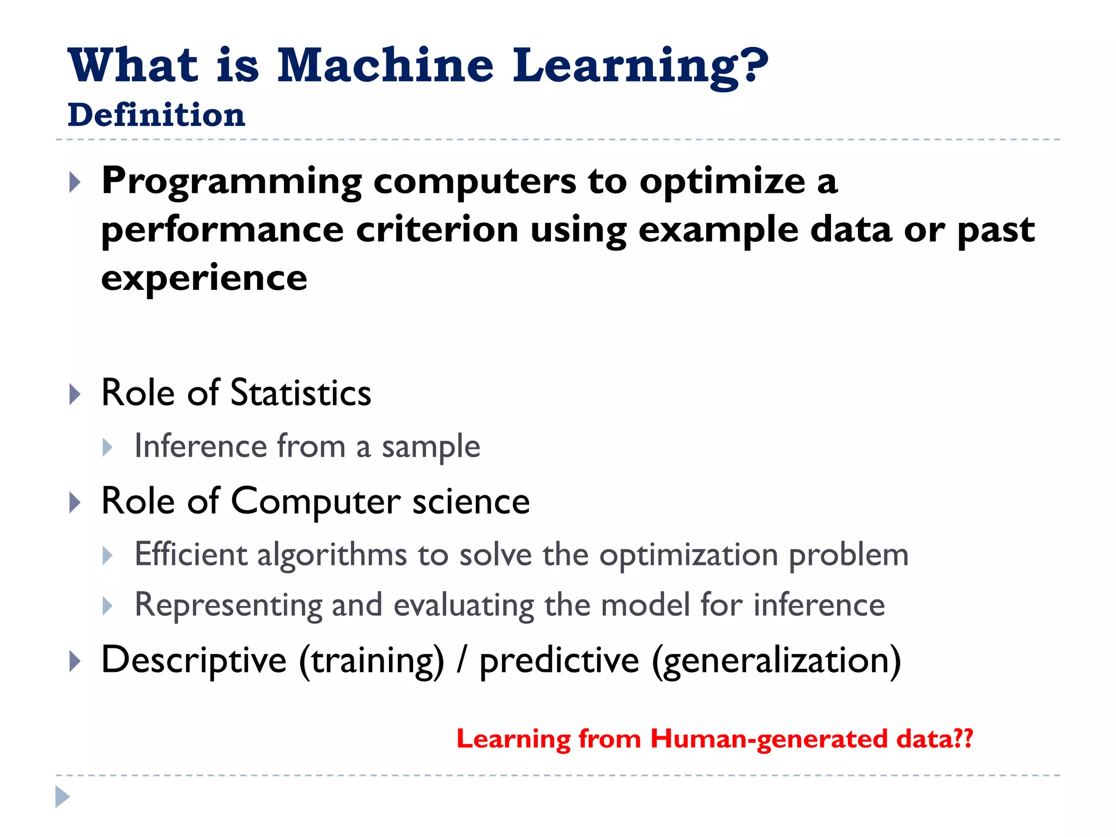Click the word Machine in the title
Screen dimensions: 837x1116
click(x=385, y=65)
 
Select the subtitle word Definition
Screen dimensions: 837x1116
click(x=156, y=115)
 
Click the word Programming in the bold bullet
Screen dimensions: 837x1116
click(x=232, y=181)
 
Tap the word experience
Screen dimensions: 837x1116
click(x=204, y=278)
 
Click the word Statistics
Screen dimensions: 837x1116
click(x=301, y=393)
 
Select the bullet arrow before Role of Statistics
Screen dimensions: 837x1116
click(x=75, y=394)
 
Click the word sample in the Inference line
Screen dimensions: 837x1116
click(x=430, y=447)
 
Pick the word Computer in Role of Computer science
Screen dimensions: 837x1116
click(x=316, y=501)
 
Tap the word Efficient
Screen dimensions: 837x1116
click(x=191, y=555)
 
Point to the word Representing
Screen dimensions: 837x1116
click(x=228, y=605)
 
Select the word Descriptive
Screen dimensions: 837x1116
click(x=194, y=660)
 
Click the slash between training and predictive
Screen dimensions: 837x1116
click(x=462, y=660)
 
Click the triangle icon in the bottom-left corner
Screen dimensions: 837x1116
click(x=63, y=797)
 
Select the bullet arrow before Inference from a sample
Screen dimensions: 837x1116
click(x=108, y=447)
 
